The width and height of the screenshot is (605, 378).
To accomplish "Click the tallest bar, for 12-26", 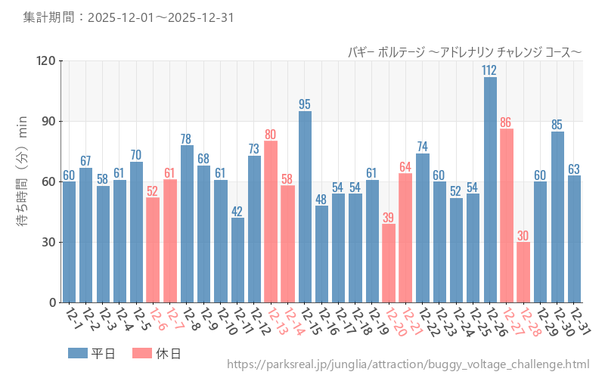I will (x=490, y=189).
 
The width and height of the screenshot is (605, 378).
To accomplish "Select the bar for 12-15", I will (x=305, y=206).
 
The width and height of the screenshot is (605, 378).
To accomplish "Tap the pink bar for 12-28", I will (x=523, y=272).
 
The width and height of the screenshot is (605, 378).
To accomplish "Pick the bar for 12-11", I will (x=237, y=260).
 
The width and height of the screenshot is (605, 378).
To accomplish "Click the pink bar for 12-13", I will (x=271, y=222).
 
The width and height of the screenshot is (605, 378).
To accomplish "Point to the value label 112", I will (x=490, y=70).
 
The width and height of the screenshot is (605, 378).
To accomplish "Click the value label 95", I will (x=305, y=104).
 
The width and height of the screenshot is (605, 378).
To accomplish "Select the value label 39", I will (x=389, y=218).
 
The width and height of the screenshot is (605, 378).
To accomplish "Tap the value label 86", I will (x=507, y=122).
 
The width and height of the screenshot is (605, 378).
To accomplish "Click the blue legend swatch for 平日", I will (x=78, y=353).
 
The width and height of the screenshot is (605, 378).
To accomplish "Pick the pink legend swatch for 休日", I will (x=142, y=353).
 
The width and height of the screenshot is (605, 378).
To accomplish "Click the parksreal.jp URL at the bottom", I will (x=408, y=365).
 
